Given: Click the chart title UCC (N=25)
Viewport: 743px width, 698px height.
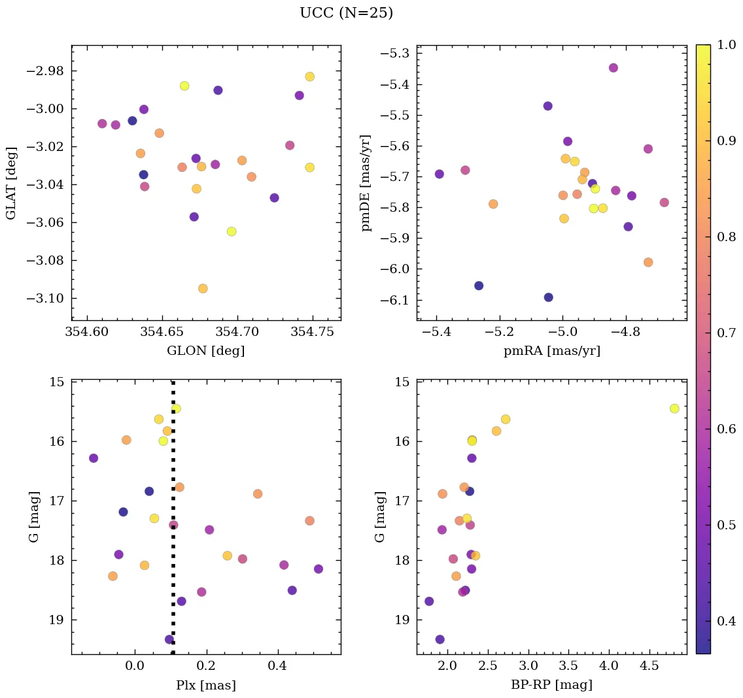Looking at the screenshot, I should click(346, 13).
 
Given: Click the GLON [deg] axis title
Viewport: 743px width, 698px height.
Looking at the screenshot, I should click(205, 351).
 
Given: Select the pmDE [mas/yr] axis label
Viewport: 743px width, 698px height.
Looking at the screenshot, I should click(366, 183).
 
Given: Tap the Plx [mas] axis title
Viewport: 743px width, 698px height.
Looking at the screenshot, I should click(205, 686).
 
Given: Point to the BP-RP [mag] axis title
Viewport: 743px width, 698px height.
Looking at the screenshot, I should click(551, 686).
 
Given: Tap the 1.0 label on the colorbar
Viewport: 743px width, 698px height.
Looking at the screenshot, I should click(726, 45).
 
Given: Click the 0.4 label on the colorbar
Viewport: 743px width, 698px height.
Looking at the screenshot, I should click(726, 621).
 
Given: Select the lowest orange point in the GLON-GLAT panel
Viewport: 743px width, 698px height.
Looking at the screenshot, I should click(203, 288).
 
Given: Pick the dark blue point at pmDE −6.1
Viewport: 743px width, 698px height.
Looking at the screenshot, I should click(548, 297).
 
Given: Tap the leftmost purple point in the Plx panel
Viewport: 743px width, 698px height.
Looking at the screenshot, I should click(94, 458).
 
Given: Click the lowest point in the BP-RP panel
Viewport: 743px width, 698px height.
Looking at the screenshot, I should click(440, 639).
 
